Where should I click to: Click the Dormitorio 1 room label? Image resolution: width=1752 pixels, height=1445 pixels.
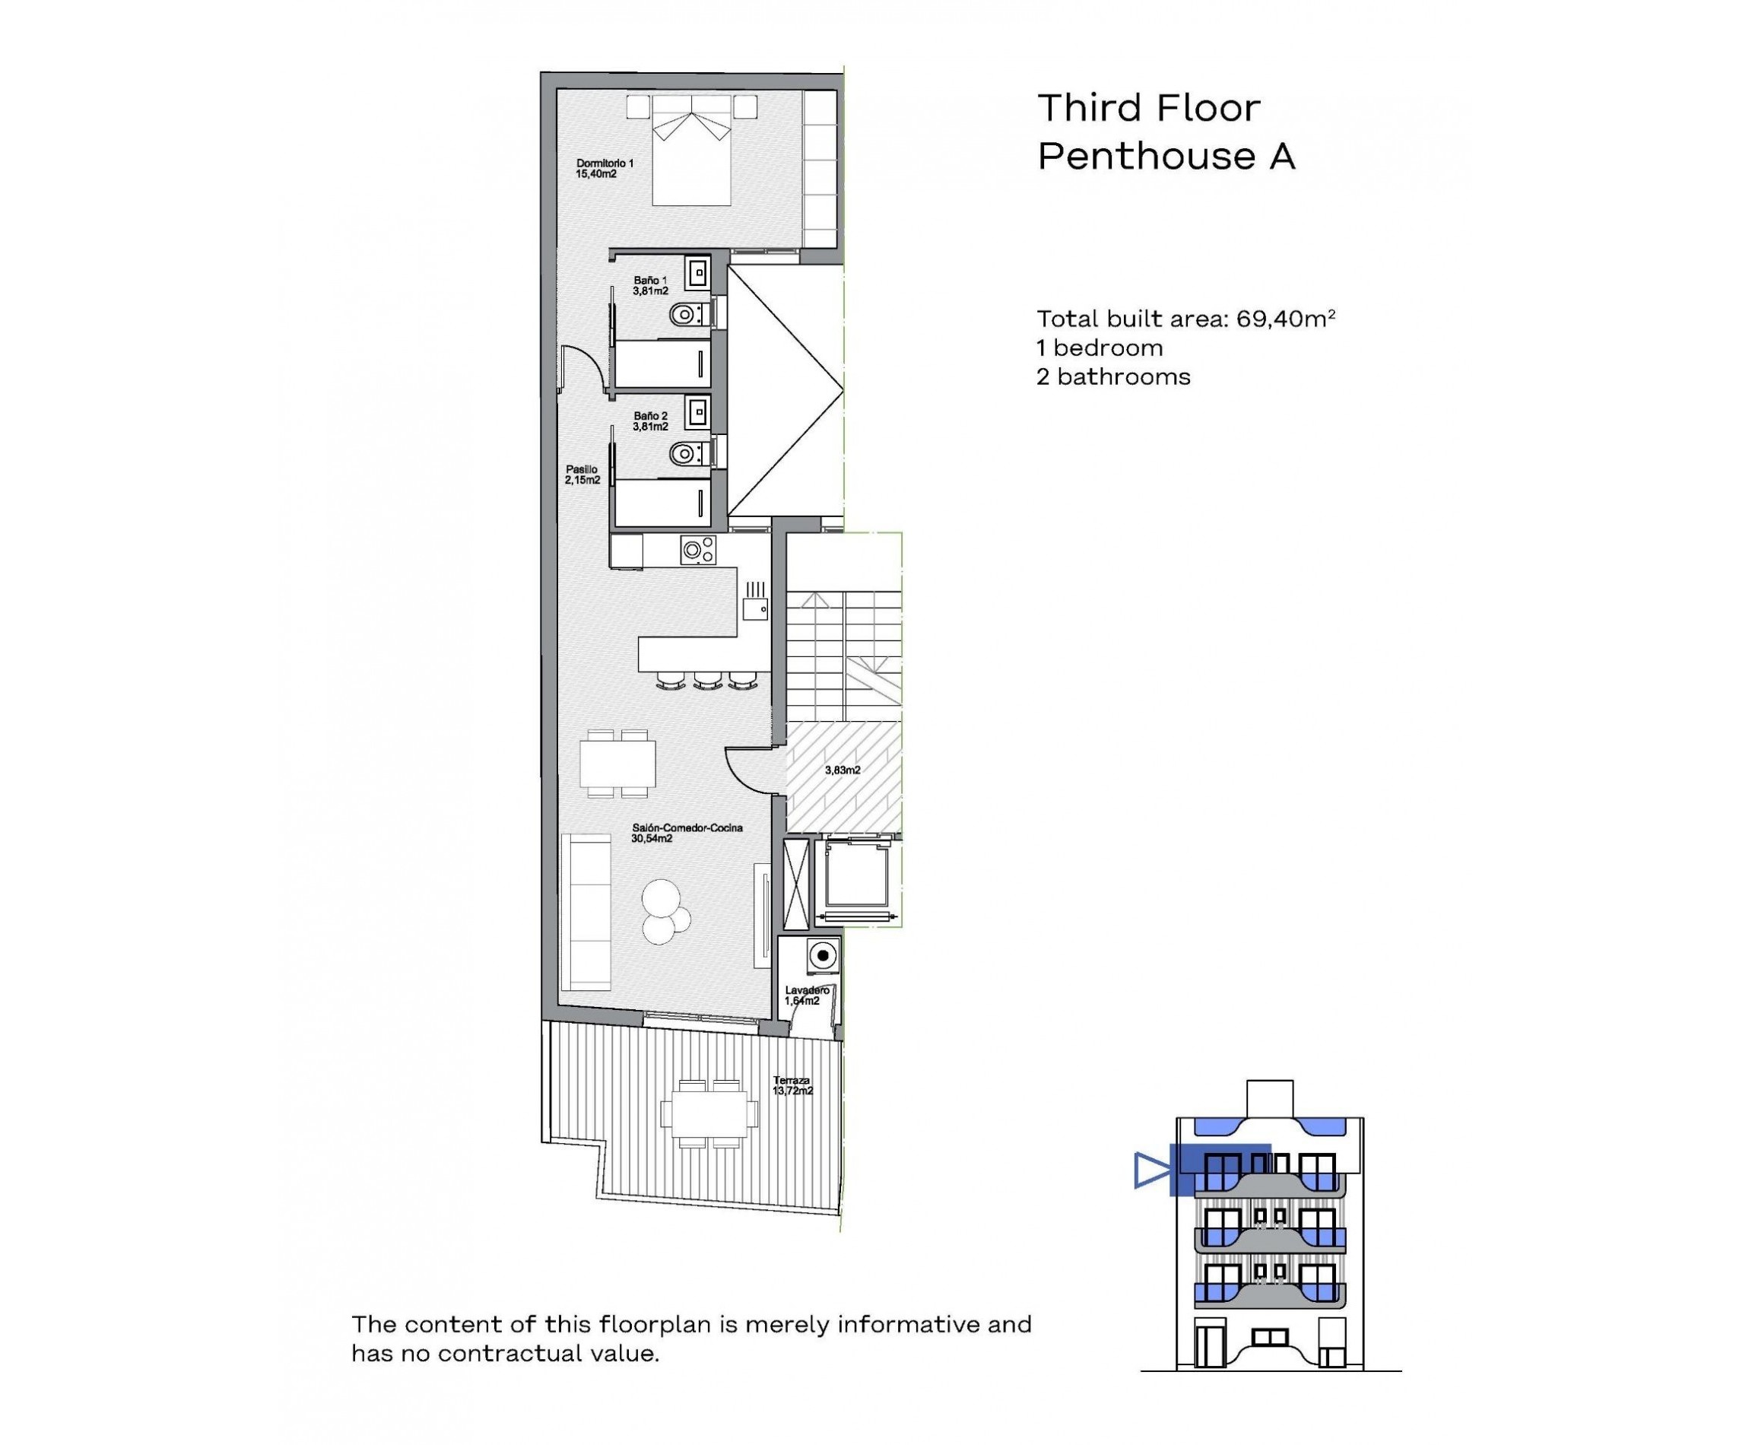pos(604,168)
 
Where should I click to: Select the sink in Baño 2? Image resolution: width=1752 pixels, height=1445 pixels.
pos(697,411)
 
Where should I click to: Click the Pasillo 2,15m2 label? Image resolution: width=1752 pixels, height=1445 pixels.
pos(582,475)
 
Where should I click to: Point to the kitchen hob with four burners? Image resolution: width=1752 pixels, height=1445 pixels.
pos(697,550)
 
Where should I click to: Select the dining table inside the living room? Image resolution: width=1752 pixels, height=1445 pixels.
pos(617,764)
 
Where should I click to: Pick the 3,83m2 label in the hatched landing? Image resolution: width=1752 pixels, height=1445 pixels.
pos(843,770)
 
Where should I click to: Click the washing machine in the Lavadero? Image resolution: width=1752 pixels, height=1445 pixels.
pos(822,954)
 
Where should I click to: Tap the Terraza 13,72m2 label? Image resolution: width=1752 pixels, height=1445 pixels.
pos(792,1085)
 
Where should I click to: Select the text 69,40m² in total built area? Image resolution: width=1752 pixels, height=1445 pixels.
pos(1285,318)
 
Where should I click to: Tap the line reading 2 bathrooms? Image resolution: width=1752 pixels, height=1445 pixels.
pos(1112,376)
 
